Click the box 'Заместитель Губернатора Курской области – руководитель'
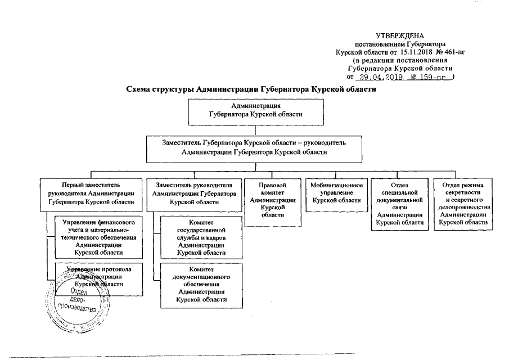[256, 147]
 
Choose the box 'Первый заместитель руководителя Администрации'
[91, 192]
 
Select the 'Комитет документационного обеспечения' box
[201, 284]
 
